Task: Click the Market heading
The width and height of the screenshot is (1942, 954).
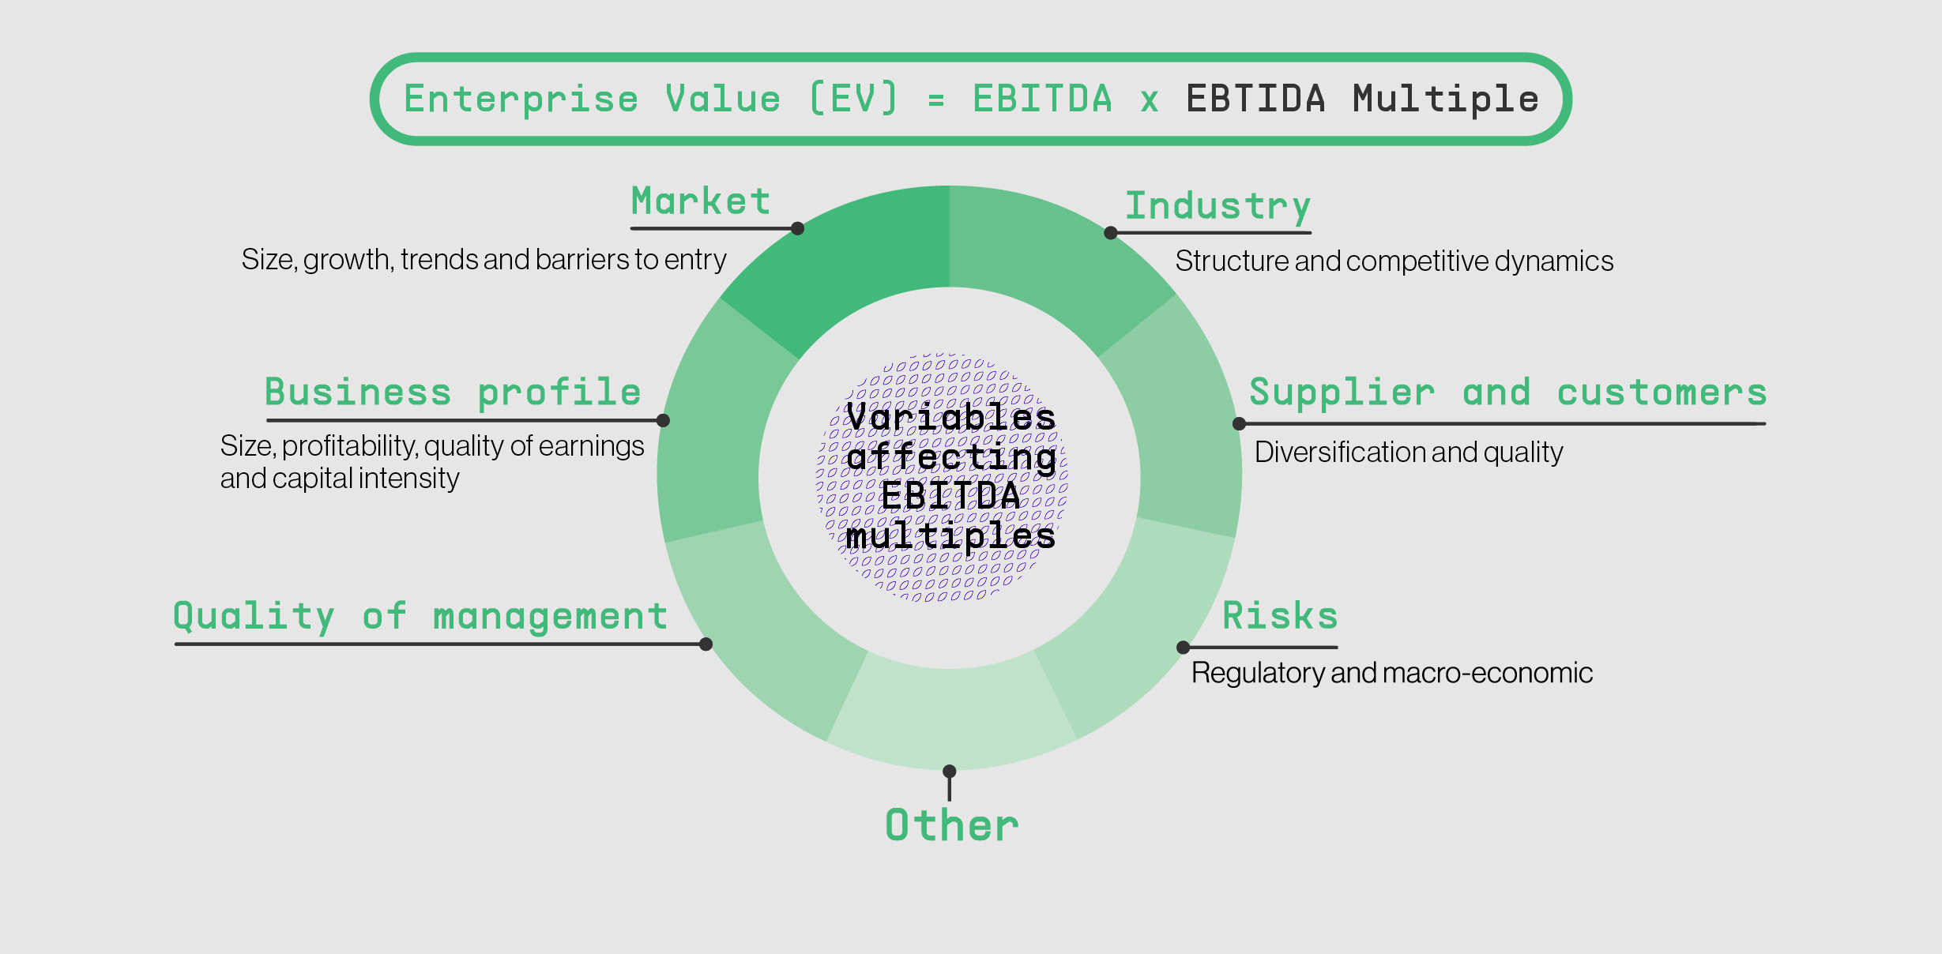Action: point(701,201)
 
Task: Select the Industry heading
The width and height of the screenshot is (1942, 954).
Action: point(1218,207)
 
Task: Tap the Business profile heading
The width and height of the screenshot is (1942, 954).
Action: point(453,392)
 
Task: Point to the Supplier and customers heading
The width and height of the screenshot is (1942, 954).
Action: point(1507,393)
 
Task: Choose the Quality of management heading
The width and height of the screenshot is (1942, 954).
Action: point(420,617)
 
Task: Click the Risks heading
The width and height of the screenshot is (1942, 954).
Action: point(1280,616)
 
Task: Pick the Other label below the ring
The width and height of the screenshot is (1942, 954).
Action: point(952,826)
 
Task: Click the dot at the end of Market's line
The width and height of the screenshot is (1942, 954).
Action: point(798,228)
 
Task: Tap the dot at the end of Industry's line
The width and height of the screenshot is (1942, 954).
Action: point(1111,233)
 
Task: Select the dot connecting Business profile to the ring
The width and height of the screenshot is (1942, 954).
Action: point(664,420)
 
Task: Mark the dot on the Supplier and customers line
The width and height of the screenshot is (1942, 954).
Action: point(1240,424)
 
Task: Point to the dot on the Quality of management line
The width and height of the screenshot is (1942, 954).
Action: point(706,644)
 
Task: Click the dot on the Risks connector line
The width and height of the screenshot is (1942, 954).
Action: point(1184,648)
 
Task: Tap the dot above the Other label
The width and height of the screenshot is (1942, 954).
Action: point(950,771)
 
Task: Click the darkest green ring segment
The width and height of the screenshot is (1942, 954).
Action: point(853,253)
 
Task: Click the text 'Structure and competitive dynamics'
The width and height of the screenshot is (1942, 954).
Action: point(1394,261)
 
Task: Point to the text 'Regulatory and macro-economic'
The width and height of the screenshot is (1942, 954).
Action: point(1392,673)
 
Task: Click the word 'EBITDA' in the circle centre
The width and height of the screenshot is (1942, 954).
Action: point(950,497)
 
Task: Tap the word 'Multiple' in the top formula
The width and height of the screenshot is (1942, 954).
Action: point(1446,100)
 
